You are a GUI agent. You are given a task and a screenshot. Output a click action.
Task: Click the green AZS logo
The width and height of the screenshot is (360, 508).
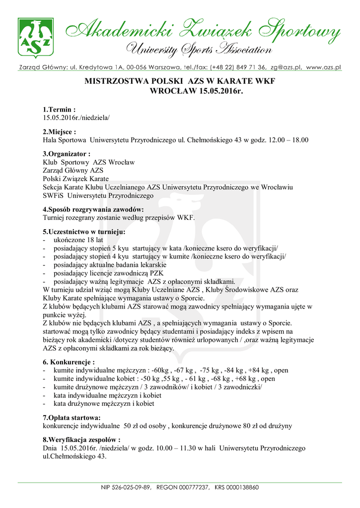click(35, 38)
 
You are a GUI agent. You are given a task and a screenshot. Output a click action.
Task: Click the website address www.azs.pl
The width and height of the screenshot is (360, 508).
click(323, 67)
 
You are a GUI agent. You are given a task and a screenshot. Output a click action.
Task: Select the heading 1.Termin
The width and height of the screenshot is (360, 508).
click(59, 109)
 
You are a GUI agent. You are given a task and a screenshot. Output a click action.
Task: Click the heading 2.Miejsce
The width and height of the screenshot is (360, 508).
click(60, 132)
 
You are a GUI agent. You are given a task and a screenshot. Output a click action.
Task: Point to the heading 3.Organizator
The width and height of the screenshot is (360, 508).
click(67, 154)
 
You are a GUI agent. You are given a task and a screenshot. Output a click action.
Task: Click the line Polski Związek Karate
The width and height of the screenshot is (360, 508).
click(75, 179)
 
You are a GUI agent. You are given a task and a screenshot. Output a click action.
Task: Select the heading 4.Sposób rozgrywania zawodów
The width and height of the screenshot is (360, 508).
click(93, 209)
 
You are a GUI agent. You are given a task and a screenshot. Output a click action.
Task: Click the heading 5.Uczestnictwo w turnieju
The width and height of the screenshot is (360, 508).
click(84, 232)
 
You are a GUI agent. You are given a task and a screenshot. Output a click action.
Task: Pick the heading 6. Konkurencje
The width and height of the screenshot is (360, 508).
click(69, 362)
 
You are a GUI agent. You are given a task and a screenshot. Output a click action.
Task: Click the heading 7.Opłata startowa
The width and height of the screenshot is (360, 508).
click(72, 417)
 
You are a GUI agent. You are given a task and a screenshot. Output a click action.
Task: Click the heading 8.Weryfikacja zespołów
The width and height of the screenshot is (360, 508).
click(81, 440)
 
